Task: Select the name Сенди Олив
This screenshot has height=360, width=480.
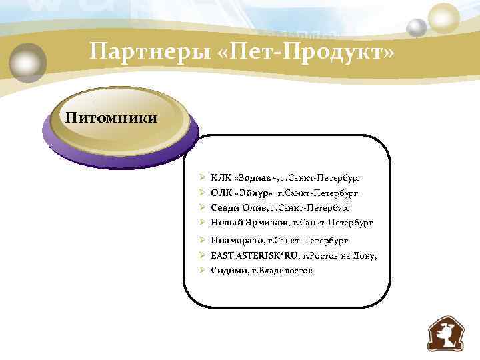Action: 239,207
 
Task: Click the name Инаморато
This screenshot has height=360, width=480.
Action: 236,240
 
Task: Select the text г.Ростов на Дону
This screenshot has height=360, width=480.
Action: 339,255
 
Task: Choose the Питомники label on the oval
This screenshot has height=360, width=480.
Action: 111,119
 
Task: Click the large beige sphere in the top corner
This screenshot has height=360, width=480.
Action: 444,17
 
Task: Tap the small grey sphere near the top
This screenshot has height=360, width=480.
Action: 417,27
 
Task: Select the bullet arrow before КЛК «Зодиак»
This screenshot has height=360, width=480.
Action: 201,178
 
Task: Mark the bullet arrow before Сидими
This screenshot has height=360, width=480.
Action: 201,270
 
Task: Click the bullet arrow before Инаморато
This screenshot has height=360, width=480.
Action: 201,240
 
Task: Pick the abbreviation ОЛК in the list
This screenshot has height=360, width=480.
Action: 221,193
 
